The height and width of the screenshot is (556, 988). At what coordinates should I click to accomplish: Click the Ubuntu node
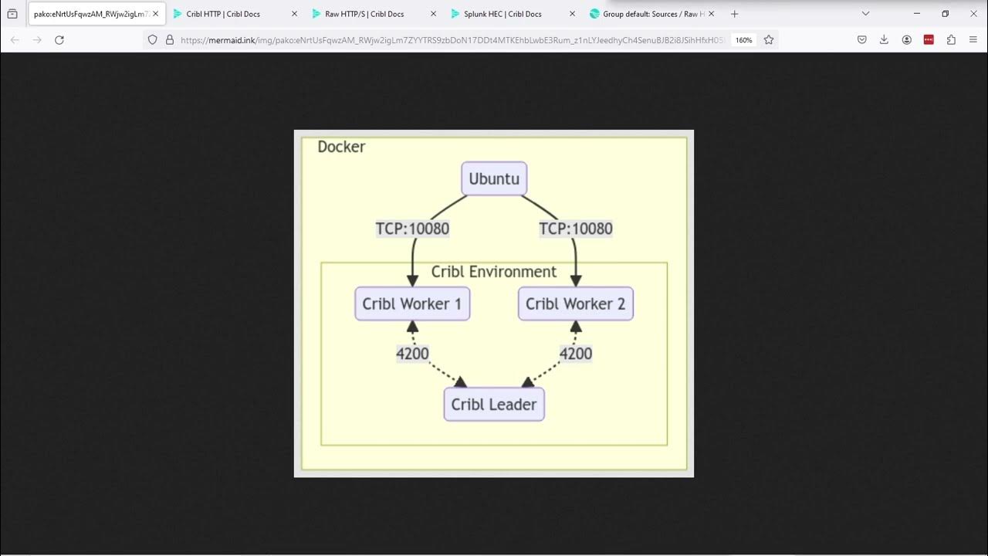click(x=494, y=178)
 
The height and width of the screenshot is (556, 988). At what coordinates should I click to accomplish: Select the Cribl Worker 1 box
click(x=412, y=303)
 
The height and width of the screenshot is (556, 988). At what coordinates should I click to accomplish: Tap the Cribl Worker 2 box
click(x=575, y=303)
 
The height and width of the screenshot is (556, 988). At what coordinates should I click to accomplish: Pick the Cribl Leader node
click(x=494, y=404)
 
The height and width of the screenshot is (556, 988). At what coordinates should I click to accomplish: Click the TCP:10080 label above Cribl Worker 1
click(x=412, y=229)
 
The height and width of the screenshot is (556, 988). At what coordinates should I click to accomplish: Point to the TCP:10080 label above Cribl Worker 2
click(x=575, y=229)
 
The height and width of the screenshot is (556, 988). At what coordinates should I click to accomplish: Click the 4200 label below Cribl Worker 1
click(x=412, y=354)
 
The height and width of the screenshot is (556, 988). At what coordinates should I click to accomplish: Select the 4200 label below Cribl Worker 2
click(x=575, y=354)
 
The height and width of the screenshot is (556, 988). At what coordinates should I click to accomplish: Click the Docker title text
click(x=341, y=147)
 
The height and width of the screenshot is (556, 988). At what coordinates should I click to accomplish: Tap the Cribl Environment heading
click(x=494, y=272)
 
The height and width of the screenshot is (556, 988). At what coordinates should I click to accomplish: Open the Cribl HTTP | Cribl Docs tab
click(x=224, y=14)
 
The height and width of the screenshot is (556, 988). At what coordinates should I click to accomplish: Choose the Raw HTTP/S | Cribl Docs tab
click(x=364, y=14)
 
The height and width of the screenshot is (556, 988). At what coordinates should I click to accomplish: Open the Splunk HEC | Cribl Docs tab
click(x=502, y=14)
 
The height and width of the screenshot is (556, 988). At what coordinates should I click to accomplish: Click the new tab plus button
click(x=734, y=14)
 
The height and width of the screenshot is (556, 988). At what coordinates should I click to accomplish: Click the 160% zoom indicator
click(x=743, y=40)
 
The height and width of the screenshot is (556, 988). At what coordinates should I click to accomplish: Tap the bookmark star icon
click(x=769, y=40)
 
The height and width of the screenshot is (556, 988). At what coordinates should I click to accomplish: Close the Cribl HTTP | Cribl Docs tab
click(x=294, y=14)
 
